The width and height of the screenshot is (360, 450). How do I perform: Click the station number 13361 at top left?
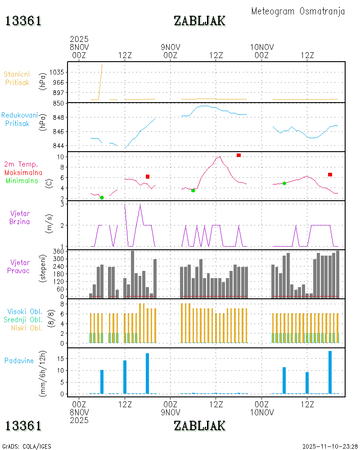click(23, 21)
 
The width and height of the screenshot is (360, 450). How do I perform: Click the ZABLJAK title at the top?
click(199, 21)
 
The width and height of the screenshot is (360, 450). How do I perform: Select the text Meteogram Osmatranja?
click(298, 11)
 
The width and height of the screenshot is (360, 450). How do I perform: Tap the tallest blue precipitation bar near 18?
click(330, 372)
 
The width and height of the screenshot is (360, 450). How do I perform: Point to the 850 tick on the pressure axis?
click(59, 103)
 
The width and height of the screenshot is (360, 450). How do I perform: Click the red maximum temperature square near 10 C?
click(238, 155)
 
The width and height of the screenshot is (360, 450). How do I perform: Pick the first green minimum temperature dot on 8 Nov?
click(102, 198)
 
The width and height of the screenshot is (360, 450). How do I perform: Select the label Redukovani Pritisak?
click(19, 119)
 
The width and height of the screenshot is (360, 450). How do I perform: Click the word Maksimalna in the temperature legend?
click(23, 172)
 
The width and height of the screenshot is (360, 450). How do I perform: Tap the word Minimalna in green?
click(22, 180)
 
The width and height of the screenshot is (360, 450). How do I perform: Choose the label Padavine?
click(19, 360)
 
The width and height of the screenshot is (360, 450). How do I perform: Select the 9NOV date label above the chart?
click(170, 47)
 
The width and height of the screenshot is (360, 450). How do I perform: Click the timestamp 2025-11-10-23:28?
click(330, 446)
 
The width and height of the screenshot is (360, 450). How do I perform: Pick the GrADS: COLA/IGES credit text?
click(27, 446)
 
